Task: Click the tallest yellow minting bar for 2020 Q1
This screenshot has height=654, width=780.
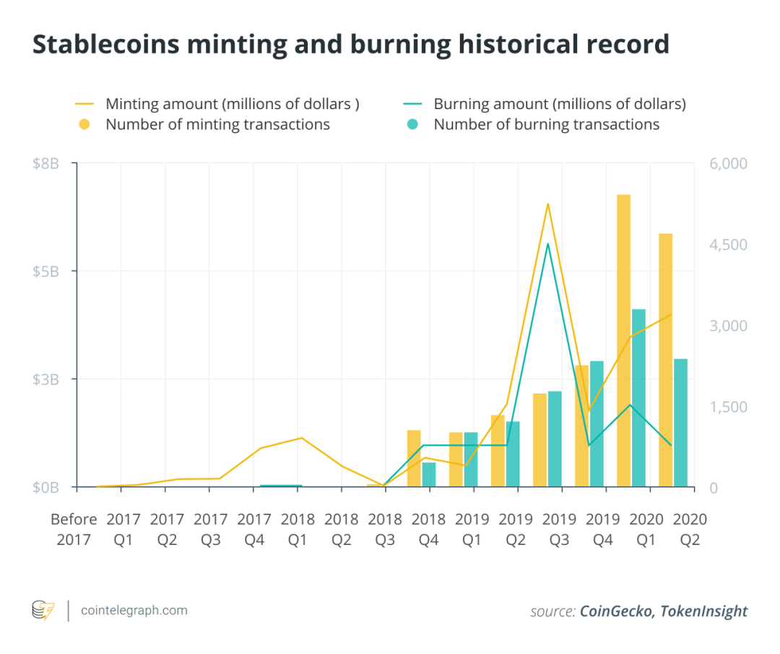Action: (623, 339)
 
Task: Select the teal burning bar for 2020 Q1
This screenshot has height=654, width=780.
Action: (638, 397)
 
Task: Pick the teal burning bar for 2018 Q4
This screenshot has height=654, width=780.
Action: (429, 474)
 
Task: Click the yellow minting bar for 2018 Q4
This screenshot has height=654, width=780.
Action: (414, 458)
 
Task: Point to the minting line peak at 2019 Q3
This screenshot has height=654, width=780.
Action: (547, 204)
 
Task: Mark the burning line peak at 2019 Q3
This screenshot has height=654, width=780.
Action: (547, 244)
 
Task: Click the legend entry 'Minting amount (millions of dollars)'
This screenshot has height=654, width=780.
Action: (232, 104)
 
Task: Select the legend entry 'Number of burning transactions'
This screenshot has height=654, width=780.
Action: (546, 124)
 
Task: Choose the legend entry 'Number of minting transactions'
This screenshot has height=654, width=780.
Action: (217, 124)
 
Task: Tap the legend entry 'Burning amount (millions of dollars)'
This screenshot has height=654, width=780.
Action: (559, 104)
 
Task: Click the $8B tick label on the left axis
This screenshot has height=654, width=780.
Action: (45, 164)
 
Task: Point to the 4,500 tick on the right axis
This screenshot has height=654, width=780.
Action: (727, 245)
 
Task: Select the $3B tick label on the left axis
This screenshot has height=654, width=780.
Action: (45, 380)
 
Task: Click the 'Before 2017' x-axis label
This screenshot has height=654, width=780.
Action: (74, 529)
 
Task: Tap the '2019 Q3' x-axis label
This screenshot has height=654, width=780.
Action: (560, 529)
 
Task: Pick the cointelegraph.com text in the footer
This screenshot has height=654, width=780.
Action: (134, 611)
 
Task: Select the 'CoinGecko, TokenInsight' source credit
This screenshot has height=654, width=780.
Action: (663, 611)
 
